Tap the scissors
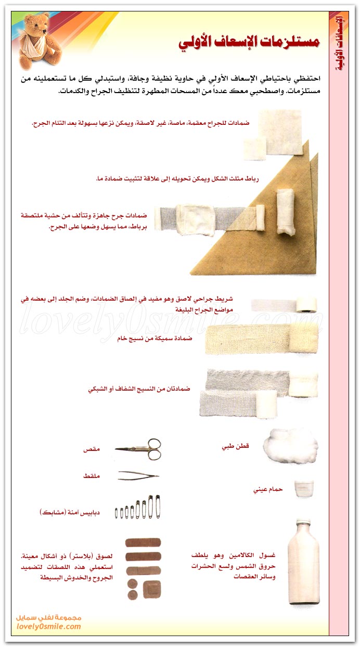coord(138,449)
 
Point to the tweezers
coord(138,475)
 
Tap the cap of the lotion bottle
coord(303,523)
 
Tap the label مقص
coord(92,448)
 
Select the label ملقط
coord(92,476)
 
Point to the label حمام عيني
coord(268,489)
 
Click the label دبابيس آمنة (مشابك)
coord(70,512)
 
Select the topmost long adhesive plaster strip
coord(143,542)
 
